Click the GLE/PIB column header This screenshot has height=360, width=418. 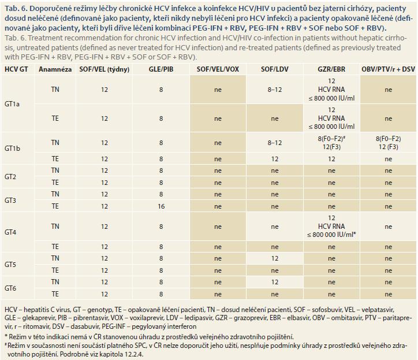coord(161,69)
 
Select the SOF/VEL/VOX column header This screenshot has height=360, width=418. coord(218,69)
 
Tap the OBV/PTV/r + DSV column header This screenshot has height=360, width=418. coord(388,69)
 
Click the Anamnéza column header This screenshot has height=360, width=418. coord(55,69)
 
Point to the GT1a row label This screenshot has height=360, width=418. coord(12,104)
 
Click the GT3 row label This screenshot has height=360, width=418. coord(10,200)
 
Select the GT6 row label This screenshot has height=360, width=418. coord(10,288)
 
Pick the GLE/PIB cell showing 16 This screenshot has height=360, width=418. coord(161,206)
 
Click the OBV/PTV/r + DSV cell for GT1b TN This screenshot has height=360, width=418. coord(388,143)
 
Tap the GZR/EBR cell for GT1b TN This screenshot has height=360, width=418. coord(331,143)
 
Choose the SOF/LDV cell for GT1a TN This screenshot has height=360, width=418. coord(275,90)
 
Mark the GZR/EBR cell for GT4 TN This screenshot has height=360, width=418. coord(331,227)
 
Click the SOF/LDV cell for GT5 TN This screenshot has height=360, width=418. coord(275,258)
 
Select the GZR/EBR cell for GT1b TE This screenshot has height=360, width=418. coord(331,159)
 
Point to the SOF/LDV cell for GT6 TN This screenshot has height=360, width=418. coord(275,282)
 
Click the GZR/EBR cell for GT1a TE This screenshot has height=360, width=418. coord(331,118)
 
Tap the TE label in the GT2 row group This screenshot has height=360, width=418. coord(55,183)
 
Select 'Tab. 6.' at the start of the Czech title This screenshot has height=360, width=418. coord(16,9)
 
